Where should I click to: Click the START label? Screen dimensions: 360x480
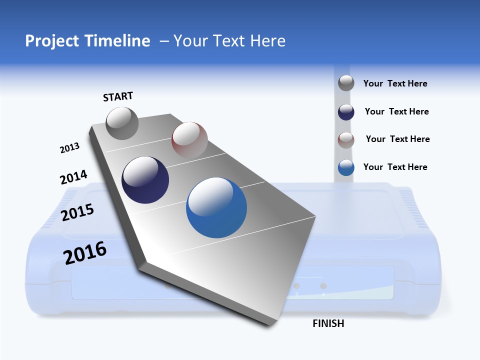[118, 96]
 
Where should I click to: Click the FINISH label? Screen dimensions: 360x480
[328, 323]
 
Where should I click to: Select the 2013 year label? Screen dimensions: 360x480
[69, 148]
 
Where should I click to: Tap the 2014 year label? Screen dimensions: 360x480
[73, 177]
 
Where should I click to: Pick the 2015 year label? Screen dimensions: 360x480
[77, 212]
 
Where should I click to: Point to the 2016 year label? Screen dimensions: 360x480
[85, 253]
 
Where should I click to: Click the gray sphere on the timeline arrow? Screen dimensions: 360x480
[122, 123]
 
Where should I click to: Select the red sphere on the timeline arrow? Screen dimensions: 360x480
[189, 139]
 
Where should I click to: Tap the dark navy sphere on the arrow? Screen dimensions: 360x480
[145, 180]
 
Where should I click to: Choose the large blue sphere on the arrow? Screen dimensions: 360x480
[216, 207]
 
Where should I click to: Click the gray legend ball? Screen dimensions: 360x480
[346, 83]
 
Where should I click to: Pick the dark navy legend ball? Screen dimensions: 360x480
[346, 112]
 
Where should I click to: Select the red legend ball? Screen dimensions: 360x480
[346, 140]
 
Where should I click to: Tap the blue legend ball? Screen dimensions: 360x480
[346, 167]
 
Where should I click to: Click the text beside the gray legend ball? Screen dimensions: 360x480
[395, 84]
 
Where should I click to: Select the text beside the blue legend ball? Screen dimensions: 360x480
[395, 167]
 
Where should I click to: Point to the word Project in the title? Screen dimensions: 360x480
[52, 41]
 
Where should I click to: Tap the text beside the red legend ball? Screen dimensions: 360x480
[397, 139]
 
